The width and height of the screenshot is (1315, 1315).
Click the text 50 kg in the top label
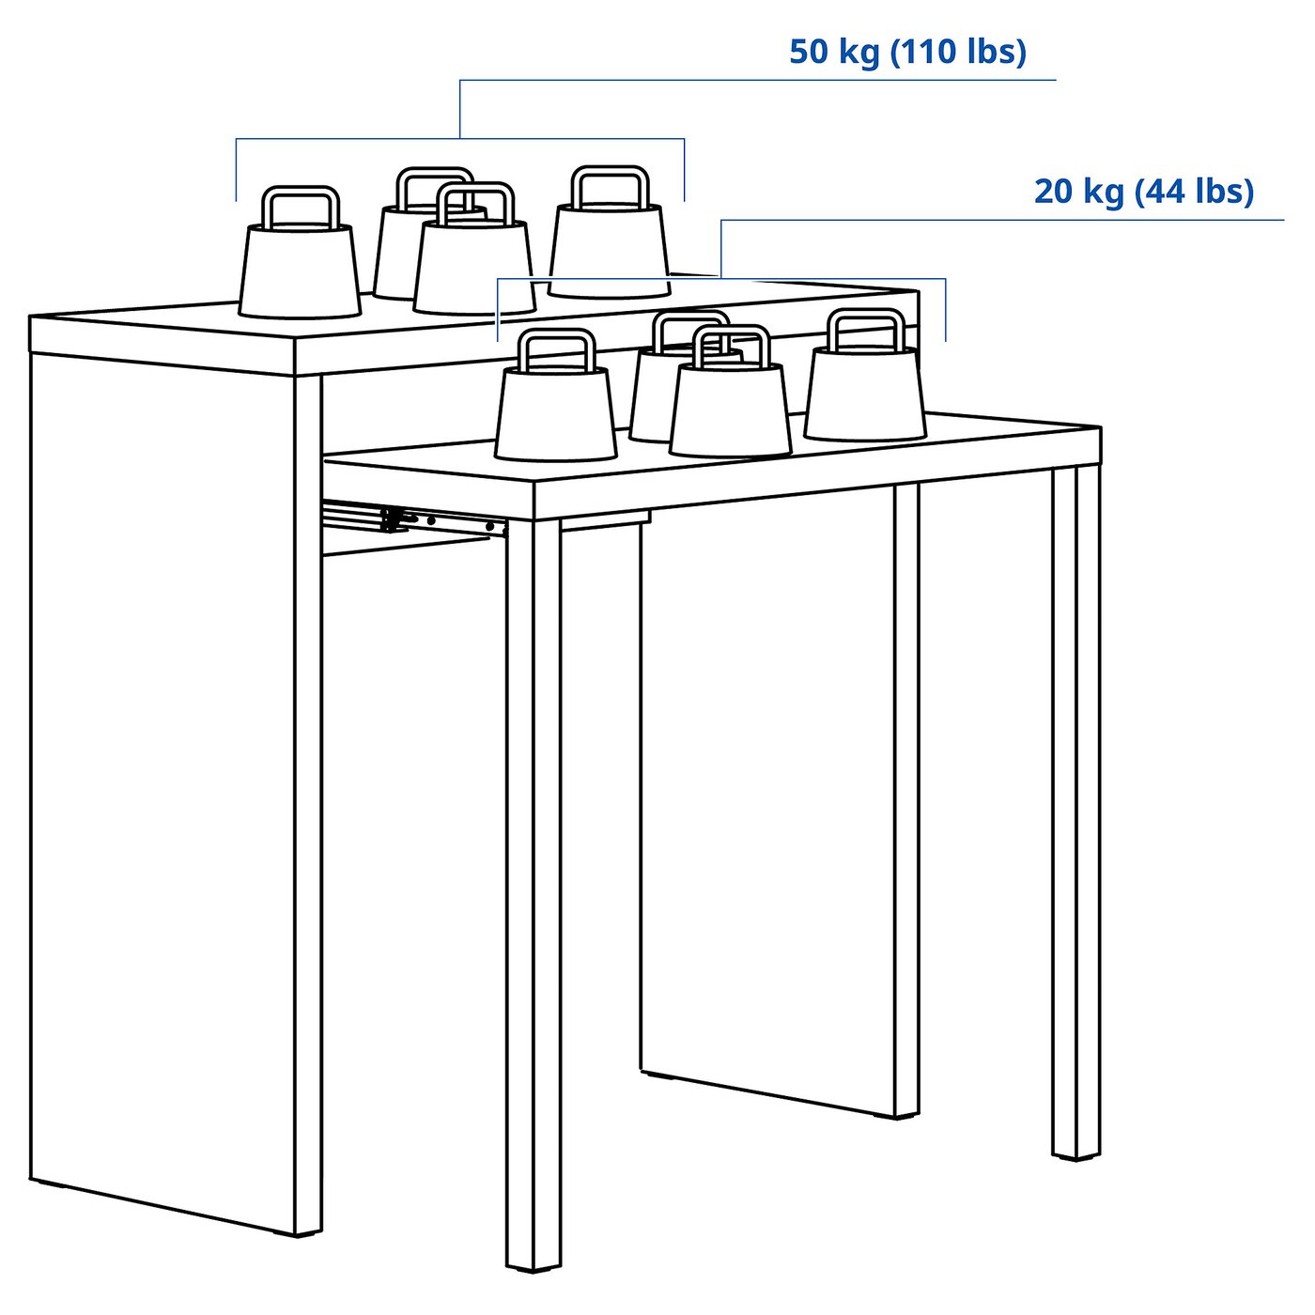point(833,52)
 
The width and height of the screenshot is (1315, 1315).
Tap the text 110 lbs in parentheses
point(958,52)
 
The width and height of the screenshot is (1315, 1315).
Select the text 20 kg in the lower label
point(1078,192)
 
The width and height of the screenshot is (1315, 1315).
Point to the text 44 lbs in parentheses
point(1195,192)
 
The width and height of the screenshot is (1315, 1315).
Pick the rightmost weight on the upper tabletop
point(609,249)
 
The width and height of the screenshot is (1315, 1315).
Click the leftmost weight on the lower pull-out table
point(555,413)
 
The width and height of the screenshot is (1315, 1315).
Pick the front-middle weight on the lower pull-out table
point(730,409)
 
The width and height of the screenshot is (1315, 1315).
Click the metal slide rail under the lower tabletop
point(413,518)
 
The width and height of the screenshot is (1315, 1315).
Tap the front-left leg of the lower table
point(534,892)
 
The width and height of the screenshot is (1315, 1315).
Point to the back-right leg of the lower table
point(905,798)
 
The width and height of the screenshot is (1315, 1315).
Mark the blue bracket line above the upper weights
point(460,139)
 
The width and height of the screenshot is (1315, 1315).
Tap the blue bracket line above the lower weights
point(721,278)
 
